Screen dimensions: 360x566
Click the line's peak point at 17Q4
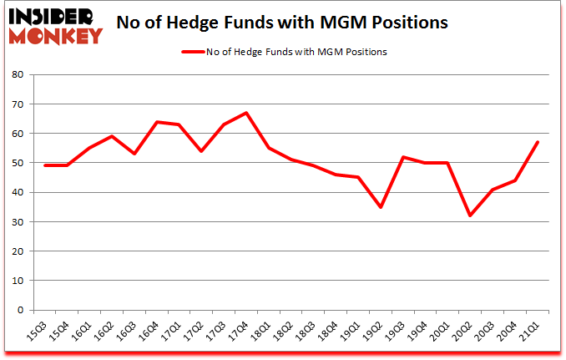246,113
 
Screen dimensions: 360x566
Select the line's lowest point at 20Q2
471,215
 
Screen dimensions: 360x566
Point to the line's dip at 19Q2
381,206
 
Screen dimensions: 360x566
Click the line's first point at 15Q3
44,165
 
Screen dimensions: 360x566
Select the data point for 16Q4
156,122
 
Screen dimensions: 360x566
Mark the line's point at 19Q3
403,157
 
